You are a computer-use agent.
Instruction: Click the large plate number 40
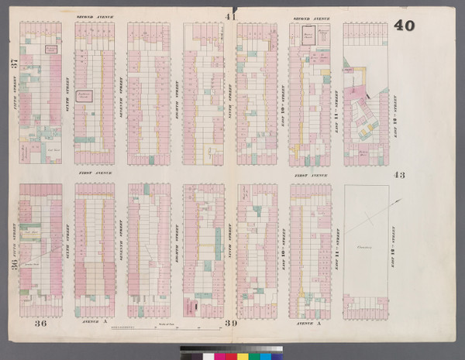click(404, 26)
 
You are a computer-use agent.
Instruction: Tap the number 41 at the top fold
click(230, 16)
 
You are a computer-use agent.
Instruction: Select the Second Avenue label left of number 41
click(91, 16)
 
